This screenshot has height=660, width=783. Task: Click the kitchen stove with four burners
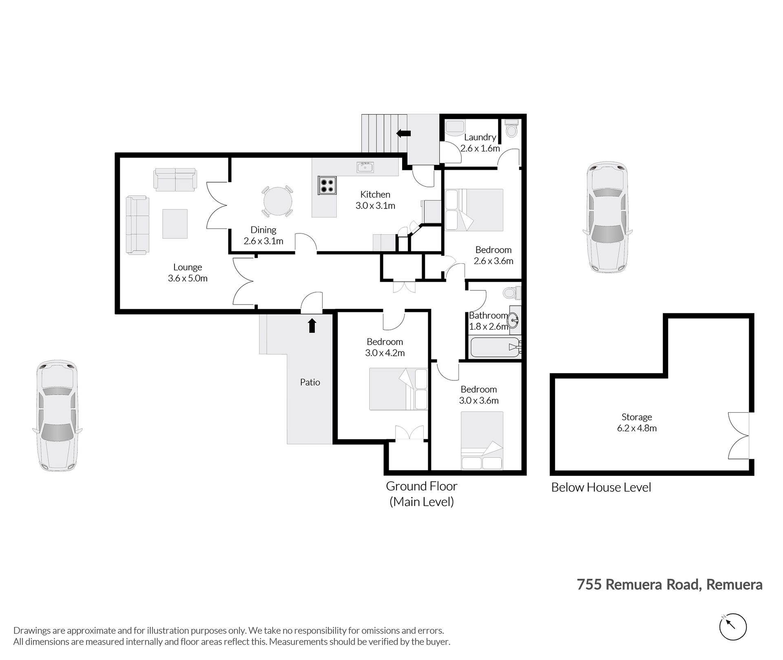pyautogui.click(x=327, y=185)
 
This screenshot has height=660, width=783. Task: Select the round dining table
pyautogui.click(x=277, y=201)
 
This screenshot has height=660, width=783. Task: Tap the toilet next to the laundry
pyautogui.click(x=511, y=129)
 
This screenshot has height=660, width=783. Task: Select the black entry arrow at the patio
pyautogui.click(x=312, y=325)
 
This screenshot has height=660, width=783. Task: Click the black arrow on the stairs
pyautogui.click(x=403, y=133)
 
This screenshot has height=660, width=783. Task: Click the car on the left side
pyautogui.click(x=57, y=416)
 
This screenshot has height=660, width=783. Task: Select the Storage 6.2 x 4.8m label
pyautogui.click(x=637, y=422)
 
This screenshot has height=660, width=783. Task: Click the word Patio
pyautogui.click(x=310, y=382)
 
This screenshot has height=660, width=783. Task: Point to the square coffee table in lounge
pyautogui.click(x=175, y=224)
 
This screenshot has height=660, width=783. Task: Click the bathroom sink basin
pyautogui.click(x=513, y=320)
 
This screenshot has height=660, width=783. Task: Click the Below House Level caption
pyautogui.click(x=601, y=487)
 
